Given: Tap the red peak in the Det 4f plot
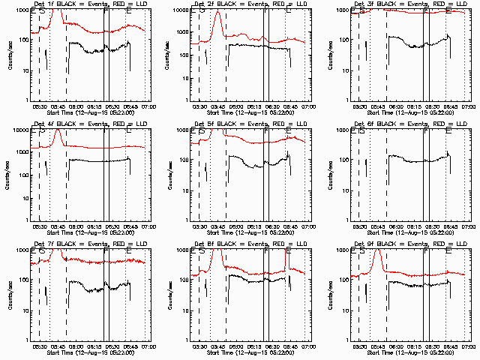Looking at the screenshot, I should click(58, 132).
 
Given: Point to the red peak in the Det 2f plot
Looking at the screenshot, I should click(217, 13).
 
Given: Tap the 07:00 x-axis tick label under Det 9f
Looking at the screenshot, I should click(469, 346).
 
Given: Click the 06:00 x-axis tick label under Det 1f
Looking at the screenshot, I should click(76, 106).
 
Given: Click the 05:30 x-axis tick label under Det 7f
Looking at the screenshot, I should click(40, 346).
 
